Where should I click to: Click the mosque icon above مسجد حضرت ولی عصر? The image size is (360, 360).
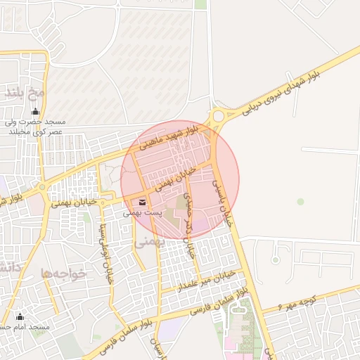(x=36, y=111)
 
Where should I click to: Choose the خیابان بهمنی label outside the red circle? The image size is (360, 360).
(x=73, y=202)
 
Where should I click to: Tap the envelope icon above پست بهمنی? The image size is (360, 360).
(x=143, y=202)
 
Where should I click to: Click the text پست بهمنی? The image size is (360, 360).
(x=143, y=212)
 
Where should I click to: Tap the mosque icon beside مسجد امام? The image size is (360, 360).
(x=20, y=316)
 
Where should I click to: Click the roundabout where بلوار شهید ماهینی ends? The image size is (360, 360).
(x=218, y=116)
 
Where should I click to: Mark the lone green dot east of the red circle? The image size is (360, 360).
(x=300, y=202)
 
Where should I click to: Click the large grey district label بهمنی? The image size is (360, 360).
(x=149, y=242)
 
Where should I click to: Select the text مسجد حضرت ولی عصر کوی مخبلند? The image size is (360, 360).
(x=36, y=127)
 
